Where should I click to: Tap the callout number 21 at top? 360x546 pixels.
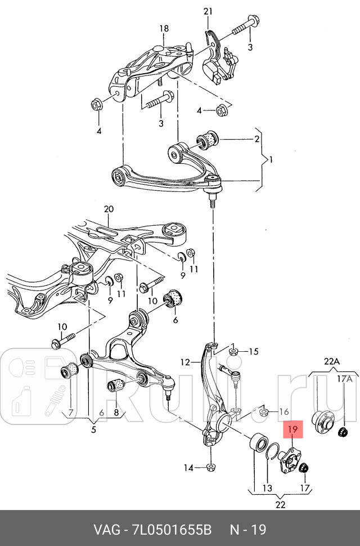point(209,11)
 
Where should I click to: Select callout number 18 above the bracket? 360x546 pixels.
point(164,29)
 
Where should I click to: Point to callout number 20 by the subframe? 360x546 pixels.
point(109,209)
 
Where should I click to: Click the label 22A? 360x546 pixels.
point(332,361)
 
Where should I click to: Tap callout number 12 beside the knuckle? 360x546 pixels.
point(186,362)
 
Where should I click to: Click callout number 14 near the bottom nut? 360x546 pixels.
point(188,468)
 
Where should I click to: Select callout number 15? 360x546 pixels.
point(254,352)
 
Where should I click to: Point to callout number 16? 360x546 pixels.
point(283,412)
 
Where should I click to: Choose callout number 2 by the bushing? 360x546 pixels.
point(256,138)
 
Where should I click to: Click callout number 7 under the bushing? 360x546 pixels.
point(71,413)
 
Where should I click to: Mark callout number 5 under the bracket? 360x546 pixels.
point(93,431)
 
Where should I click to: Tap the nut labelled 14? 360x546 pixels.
point(210,467)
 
